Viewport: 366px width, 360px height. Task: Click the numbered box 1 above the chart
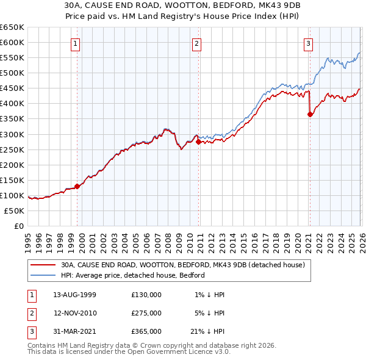coord(74,43)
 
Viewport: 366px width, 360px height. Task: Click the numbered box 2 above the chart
coord(197,43)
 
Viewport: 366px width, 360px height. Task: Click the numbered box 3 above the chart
coord(309,43)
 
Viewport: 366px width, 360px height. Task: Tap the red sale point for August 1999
coord(77,186)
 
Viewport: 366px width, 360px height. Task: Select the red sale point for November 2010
coord(199,142)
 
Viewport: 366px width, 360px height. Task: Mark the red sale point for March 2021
coord(310,114)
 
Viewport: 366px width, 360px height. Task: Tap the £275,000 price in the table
coord(146,313)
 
